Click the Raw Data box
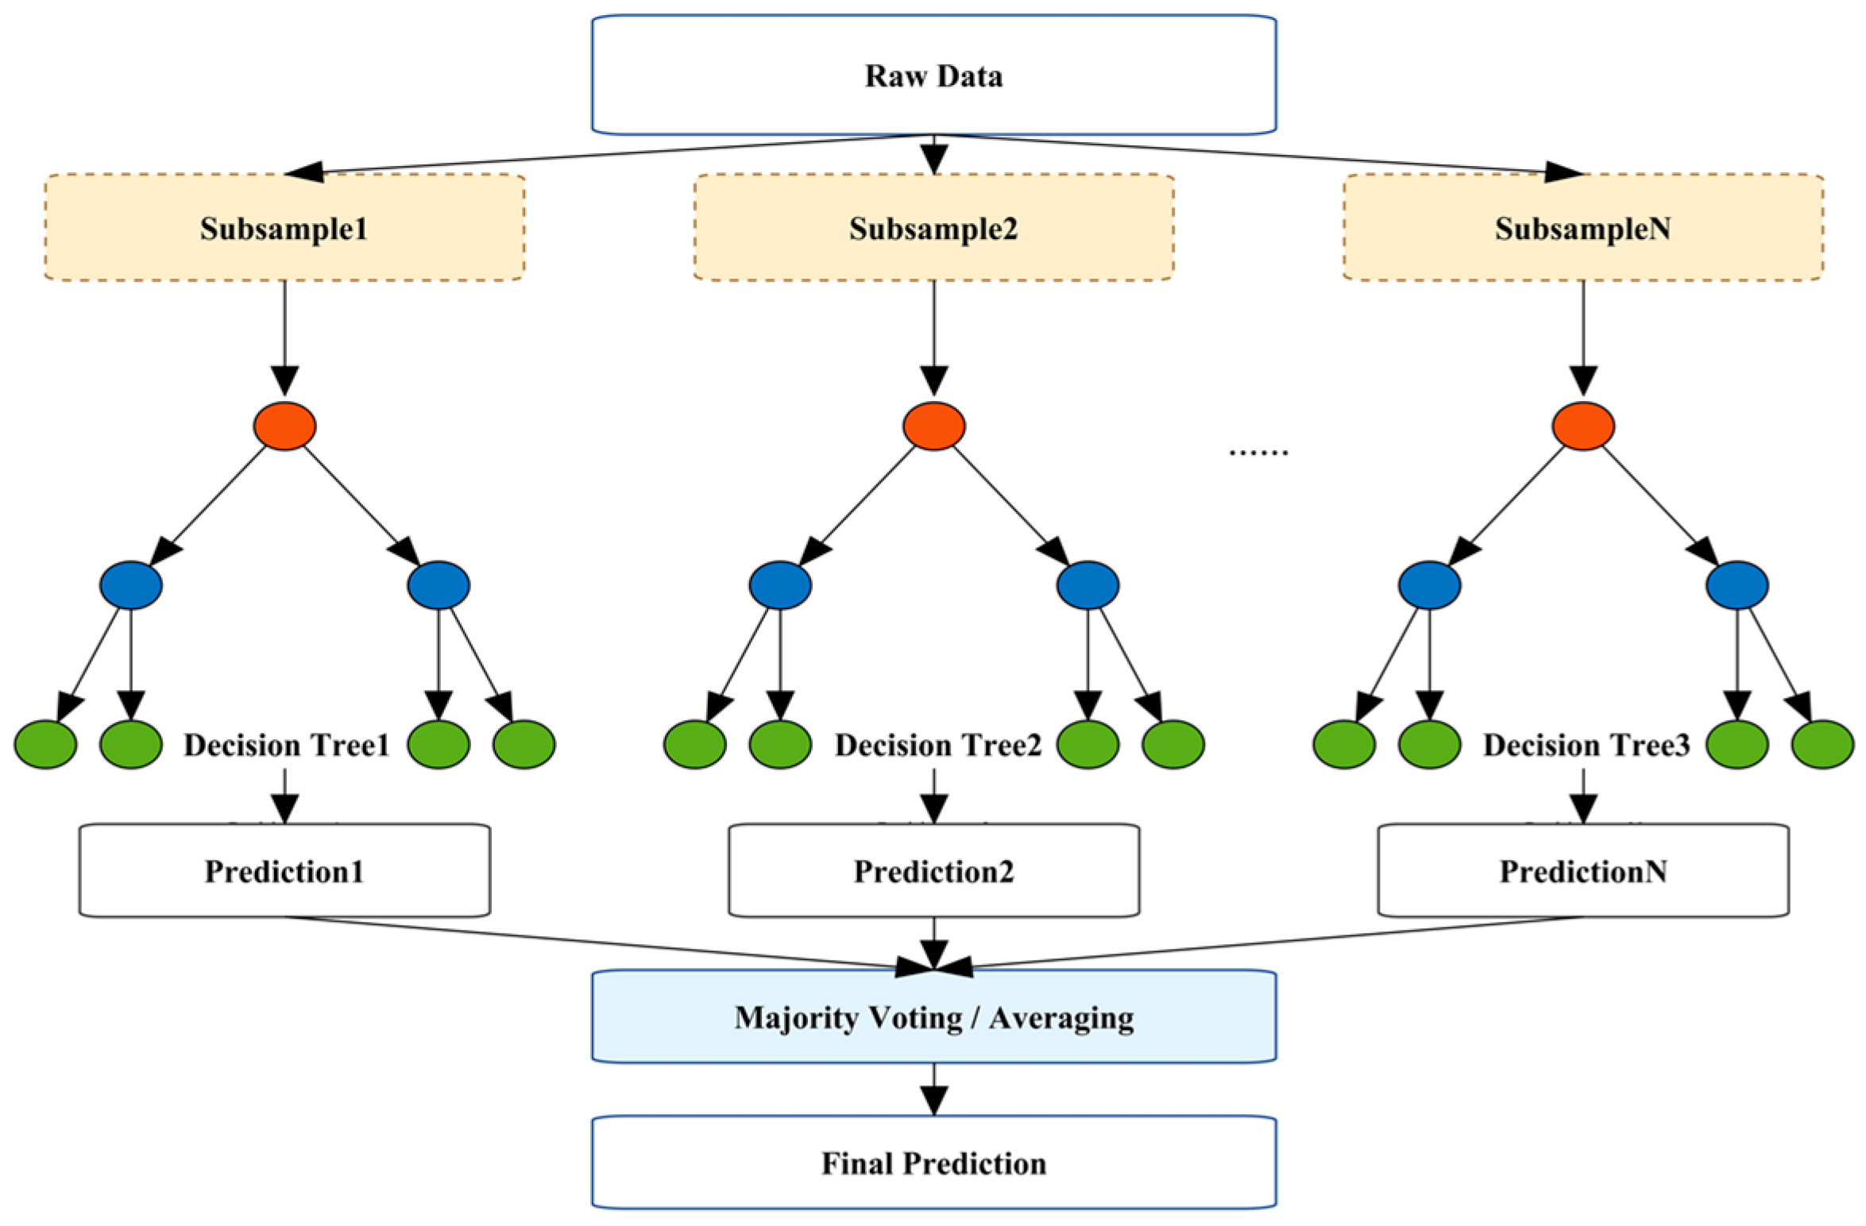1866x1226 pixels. pos(933,75)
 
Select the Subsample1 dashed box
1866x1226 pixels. pos(284,228)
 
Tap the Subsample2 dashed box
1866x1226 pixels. pos(933,228)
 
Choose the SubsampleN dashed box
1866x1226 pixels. pos(1582,228)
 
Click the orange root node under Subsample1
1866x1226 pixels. pos(284,426)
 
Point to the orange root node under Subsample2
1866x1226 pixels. pos(933,426)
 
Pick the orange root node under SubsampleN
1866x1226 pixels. pos(1582,426)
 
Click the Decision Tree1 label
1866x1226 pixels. pos(286,745)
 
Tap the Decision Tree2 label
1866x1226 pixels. pos(937,745)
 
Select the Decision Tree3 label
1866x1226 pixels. pos(1586,745)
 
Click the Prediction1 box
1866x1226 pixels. pos(284,871)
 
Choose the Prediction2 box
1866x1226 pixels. pos(933,871)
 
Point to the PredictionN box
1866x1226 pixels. pos(1582,871)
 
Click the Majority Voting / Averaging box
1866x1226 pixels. pos(933,1017)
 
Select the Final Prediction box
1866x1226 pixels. pos(933,1163)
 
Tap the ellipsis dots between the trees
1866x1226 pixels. pos(1258,453)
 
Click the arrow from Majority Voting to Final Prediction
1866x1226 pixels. pos(933,1089)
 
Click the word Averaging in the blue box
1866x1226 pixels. pos(1061,1018)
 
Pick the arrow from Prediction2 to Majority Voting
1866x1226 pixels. pos(933,943)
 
